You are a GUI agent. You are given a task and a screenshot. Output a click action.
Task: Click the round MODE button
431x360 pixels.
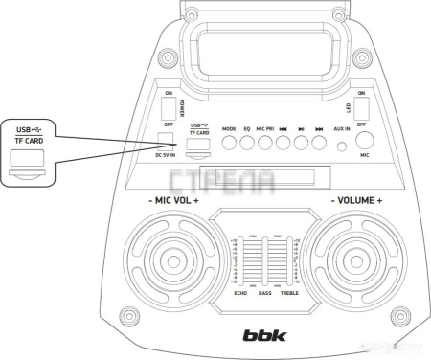pos(229,143)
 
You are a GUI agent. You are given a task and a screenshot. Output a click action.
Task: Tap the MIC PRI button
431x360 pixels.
pos(265,143)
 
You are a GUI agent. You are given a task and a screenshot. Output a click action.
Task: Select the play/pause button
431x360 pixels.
pos(301,143)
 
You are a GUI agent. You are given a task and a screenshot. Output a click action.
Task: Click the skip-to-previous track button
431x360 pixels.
pos(284,143)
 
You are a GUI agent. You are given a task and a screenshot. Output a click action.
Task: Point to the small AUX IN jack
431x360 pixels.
pos(343,147)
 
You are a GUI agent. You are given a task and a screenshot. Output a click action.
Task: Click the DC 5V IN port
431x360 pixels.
pos(169,142)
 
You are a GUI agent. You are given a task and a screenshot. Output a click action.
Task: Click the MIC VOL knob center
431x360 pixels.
pos(172,259)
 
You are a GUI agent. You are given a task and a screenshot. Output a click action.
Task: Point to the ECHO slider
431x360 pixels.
pos(241,260)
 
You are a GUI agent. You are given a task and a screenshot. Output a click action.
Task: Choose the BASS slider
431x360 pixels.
pos(264,260)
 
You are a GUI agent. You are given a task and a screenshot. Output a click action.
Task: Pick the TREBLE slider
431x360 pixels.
pos(287,260)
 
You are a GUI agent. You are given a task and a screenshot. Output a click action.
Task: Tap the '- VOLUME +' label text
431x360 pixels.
pos(356,203)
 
